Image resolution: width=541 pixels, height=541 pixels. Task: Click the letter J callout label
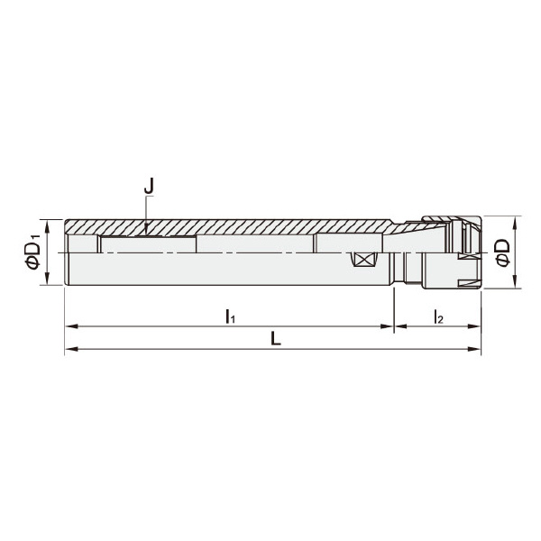[x=150, y=187]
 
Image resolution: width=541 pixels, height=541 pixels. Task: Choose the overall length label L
[x=275, y=339]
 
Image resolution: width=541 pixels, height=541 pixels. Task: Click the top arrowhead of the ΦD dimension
[x=517, y=221]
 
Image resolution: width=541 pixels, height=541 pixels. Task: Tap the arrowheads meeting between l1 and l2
[x=394, y=326]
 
